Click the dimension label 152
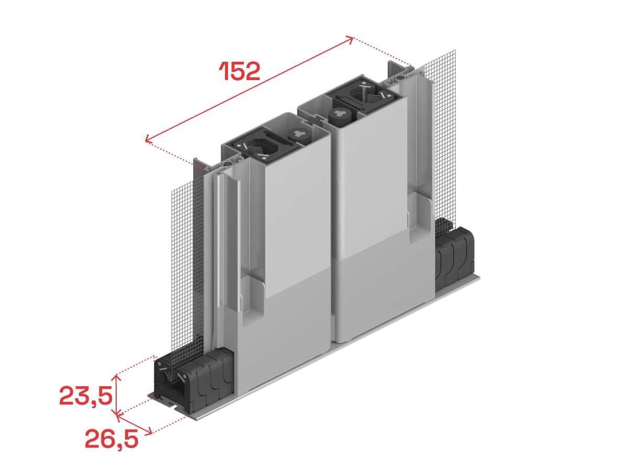[240, 71]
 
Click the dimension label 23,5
[86, 396]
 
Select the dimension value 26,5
[111, 439]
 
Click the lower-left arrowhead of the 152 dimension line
[149, 139]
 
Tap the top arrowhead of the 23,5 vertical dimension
[116, 377]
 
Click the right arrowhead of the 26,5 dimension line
[149, 432]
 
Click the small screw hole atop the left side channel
[228, 164]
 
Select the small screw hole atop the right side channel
[400, 77]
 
